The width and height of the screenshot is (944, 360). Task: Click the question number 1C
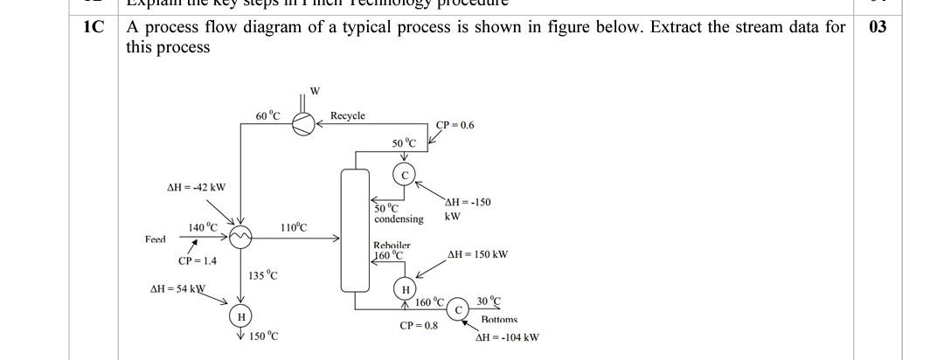pyautogui.click(x=93, y=27)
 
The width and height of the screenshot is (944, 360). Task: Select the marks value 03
pyautogui.click(x=878, y=27)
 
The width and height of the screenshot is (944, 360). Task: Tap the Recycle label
pyautogui.click(x=348, y=115)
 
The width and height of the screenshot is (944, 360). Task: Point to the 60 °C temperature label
pyautogui.click(x=267, y=115)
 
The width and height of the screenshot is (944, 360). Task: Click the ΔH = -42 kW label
pyautogui.click(x=196, y=187)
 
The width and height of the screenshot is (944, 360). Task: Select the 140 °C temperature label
pyautogui.click(x=203, y=227)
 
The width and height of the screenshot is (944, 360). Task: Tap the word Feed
pyautogui.click(x=155, y=239)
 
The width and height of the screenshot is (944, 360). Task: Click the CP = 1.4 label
pyautogui.click(x=197, y=260)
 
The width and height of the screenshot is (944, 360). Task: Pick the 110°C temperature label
pyautogui.click(x=294, y=227)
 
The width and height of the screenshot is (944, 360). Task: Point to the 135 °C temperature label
pyautogui.click(x=263, y=276)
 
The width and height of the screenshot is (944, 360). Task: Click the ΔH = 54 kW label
pyautogui.click(x=177, y=288)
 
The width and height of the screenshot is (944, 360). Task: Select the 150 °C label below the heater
pyautogui.click(x=263, y=336)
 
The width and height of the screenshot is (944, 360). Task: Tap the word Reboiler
pyautogui.click(x=392, y=246)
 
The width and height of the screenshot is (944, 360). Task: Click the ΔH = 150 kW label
pyautogui.click(x=477, y=255)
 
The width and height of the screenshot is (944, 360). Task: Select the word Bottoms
pyautogui.click(x=499, y=321)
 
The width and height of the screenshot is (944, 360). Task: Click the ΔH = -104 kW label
pyautogui.click(x=507, y=337)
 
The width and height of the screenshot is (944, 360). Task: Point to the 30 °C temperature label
pyautogui.click(x=489, y=301)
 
